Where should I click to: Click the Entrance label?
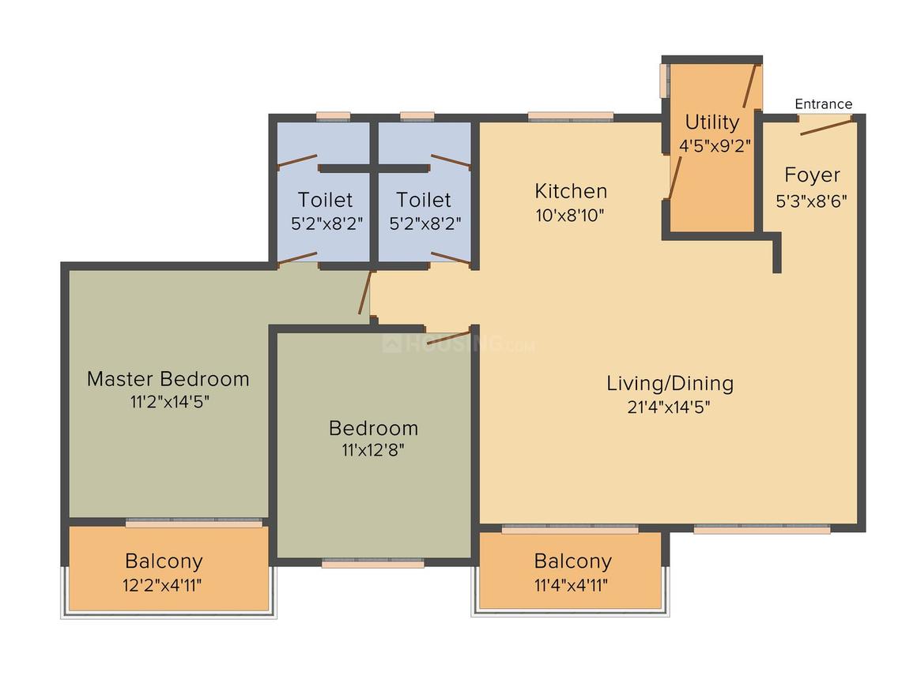[823, 104]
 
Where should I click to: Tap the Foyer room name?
[812, 175]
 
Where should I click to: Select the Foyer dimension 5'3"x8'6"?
[812, 201]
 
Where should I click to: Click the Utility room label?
[711, 122]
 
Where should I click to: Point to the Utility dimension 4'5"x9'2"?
[715, 146]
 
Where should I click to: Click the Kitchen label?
[571, 191]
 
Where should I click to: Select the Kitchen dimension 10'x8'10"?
[570, 216]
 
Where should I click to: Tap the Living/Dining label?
[670, 384]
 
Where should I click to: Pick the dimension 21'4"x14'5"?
[670, 408]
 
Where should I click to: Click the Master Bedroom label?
[168, 379]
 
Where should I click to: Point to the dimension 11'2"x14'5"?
[170, 402]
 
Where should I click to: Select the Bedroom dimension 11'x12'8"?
[373, 452]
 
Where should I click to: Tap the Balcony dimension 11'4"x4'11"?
[572, 586]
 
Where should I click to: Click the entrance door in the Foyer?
[825, 125]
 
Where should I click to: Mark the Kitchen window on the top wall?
[570, 117]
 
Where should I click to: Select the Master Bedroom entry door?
[364, 294]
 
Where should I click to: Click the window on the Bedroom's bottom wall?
[372, 563]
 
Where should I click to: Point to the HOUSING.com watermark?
[458, 344]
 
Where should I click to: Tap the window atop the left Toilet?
[333, 117]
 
